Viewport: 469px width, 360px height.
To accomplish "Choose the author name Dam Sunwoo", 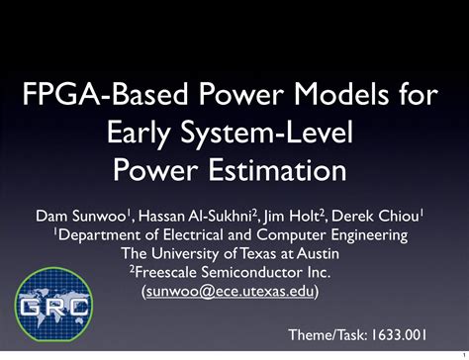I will (70, 216).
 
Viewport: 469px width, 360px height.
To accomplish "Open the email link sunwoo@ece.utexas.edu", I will (234, 291).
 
